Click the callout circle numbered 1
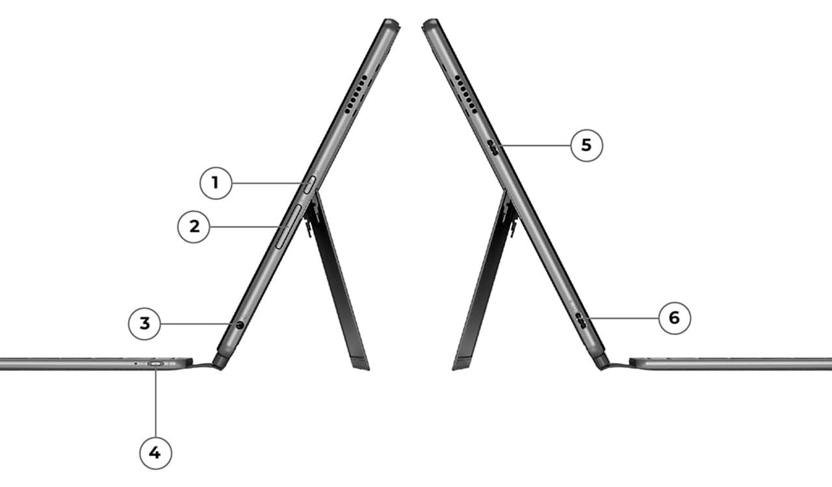(216, 183)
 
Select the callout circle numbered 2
(194, 227)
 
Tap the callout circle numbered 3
(144, 323)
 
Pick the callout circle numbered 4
(155, 453)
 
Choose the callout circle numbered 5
(586, 145)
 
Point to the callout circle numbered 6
(675, 318)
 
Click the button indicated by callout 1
(309, 184)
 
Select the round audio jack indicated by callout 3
(240, 325)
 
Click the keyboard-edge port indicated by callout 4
(155, 364)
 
